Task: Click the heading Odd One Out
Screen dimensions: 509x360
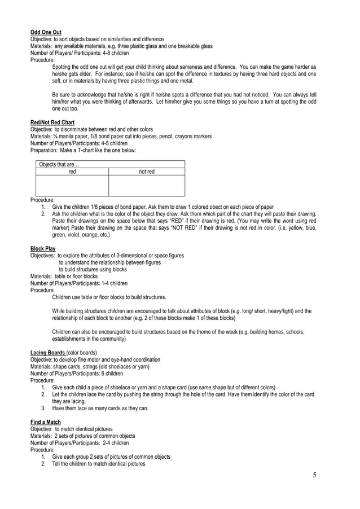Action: coord(46,32)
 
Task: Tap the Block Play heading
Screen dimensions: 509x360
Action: coord(42,248)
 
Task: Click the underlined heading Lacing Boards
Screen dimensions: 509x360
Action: coord(46,353)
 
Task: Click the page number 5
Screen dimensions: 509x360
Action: coord(314,475)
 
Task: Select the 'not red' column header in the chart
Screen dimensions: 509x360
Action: coord(146,172)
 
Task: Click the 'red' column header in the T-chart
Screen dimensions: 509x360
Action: coord(72,172)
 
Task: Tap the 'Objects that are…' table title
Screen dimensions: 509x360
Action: coord(59,164)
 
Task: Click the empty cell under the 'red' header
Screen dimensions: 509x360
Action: coord(72,185)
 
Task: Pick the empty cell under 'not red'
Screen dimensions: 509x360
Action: coord(146,185)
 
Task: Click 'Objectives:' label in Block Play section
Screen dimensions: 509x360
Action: coord(43,256)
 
